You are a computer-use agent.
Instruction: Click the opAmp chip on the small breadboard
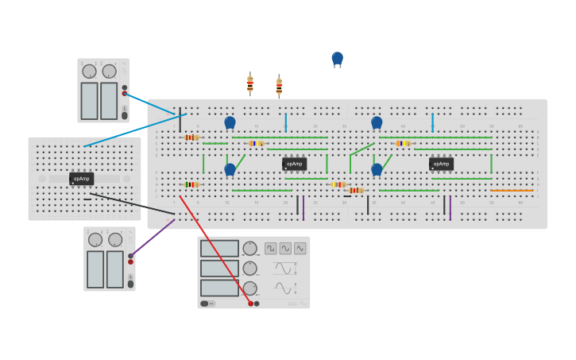click(81, 179)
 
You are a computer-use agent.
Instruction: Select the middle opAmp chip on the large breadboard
click(294, 164)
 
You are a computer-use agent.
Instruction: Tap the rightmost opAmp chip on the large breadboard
click(441, 164)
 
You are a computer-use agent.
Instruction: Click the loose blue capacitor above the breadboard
click(337, 58)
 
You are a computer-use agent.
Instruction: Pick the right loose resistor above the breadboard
click(279, 85)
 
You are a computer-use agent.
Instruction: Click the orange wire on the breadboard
click(512, 191)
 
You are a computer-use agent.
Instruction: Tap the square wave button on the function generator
click(271, 248)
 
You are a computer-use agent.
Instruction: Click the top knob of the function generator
click(249, 248)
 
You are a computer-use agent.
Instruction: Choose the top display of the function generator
click(219, 249)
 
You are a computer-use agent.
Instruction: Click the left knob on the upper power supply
click(89, 72)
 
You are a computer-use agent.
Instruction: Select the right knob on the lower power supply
click(115, 239)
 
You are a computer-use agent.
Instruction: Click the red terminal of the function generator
click(250, 304)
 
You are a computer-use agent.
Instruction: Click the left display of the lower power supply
click(95, 269)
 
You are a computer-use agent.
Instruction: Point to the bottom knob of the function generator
click(249, 288)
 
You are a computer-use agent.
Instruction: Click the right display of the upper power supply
click(109, 101)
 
